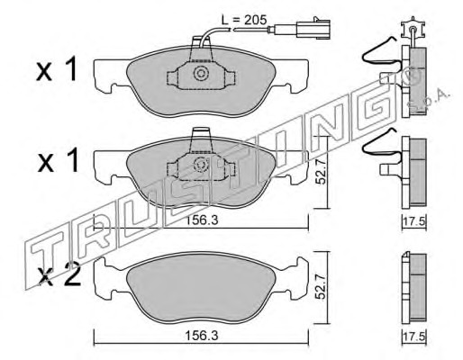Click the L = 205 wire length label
tap(243, 20)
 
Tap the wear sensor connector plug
tap(313, 28)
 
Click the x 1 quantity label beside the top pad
tap(57, 70)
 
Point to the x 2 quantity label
tap(60, 275)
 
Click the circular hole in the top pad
tap(201, 74)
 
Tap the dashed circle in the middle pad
tap(201, 165)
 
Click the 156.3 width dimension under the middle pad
tap(201, 220)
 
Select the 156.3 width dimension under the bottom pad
tap(201, 336)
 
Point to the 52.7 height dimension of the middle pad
tap(321, 172)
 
